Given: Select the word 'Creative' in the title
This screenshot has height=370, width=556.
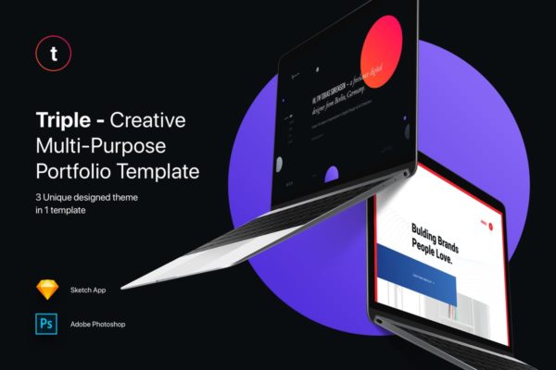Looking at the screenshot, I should [x=162, y=121].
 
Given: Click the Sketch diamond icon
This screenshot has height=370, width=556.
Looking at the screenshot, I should [x=46, y=290].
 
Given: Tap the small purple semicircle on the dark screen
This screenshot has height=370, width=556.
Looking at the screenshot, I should [x=332, y=174].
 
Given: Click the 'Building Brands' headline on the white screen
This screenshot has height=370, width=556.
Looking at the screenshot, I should [x=436, y=231].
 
